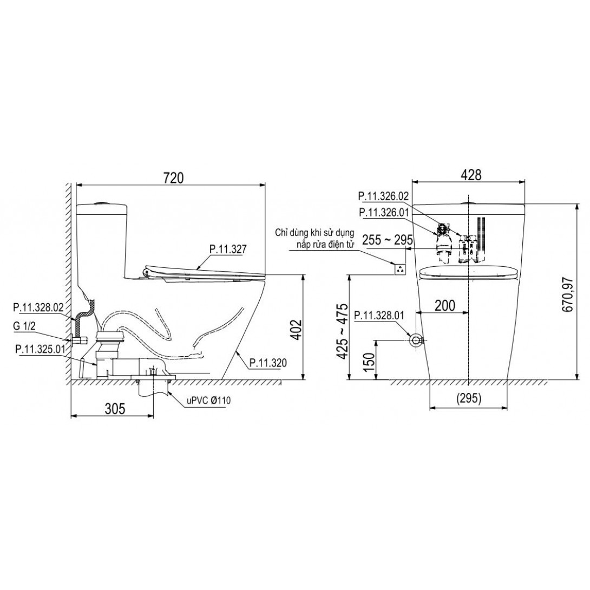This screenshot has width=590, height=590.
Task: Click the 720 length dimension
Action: pos(173,177)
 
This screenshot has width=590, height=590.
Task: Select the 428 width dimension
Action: pos(471,175)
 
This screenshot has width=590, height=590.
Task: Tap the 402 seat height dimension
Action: pos(297,330)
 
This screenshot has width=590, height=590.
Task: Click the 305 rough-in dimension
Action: pos(115,409)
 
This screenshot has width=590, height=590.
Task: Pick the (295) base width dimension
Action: pos(469,398)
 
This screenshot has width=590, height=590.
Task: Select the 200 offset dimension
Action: pos(445,306)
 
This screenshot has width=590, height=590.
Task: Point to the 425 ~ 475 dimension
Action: pos(344,331)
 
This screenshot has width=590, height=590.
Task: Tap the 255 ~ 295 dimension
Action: pos(388,240)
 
